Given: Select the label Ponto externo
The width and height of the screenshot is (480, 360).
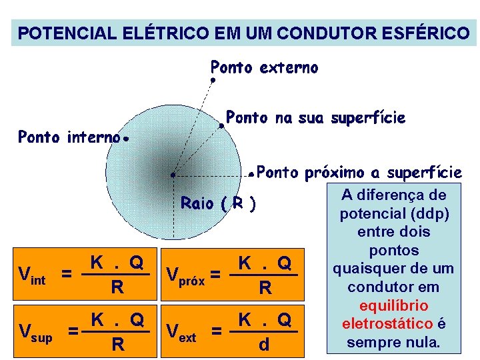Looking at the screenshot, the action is [x=264, y=67].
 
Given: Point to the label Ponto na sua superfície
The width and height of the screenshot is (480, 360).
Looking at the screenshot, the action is [x=315, y=118].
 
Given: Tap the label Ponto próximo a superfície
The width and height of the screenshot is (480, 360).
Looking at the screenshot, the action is [x=359, y=173].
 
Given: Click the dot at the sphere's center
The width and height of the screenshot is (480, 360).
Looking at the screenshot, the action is [x=173, y=175].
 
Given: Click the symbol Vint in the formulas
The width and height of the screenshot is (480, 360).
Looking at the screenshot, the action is [x=31, y=275].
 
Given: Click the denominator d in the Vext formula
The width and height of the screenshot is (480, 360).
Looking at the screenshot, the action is [x=265, y=345].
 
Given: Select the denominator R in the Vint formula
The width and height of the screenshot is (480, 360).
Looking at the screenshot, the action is [x=117, y=288].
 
